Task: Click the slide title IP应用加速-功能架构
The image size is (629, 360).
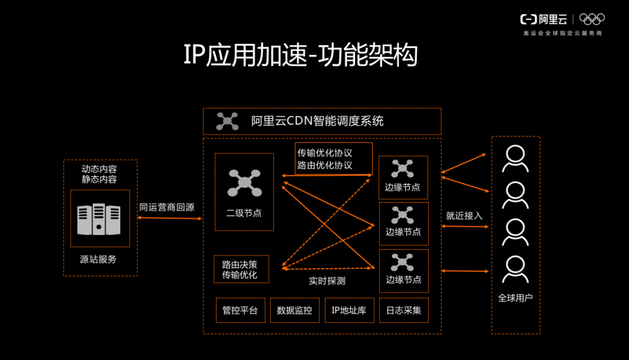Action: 300,56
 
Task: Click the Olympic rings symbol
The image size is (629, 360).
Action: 591,20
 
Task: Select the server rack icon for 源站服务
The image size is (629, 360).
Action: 99,219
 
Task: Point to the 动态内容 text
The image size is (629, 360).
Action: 99,169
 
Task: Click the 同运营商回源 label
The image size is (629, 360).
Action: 166,207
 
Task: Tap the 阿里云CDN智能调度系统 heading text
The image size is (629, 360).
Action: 317,121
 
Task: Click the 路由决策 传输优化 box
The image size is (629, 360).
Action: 241,269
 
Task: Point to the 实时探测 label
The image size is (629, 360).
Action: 327,281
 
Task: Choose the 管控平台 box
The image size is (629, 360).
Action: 241,310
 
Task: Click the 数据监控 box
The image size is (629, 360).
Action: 295,310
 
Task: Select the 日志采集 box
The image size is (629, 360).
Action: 404,310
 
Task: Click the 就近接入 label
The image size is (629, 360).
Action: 464,216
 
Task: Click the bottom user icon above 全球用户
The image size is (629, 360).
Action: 515,269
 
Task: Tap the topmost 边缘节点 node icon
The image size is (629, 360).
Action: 402,169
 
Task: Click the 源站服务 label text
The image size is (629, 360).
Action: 99,259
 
